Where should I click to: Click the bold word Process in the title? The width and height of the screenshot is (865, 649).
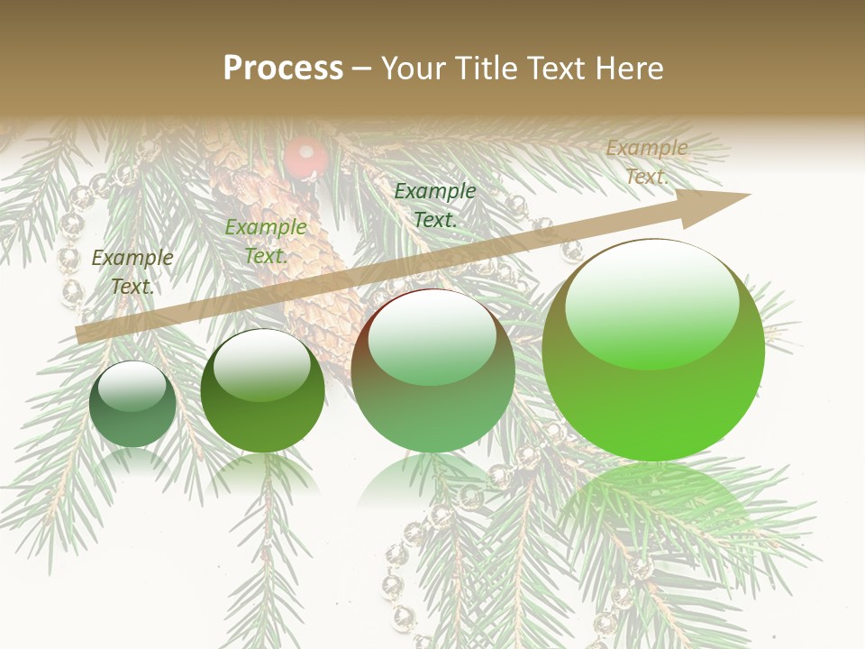[x=283, y=69]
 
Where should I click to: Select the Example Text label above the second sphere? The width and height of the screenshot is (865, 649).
[x=265, y=242]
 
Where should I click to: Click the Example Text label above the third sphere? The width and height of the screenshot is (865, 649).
[x=434, y=205]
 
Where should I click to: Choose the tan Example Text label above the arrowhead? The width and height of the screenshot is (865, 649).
[x=646, y=162]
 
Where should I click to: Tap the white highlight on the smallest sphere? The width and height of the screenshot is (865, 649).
[x=132, y=386]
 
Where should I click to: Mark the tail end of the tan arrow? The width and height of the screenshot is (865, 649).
[x=79, y=335]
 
